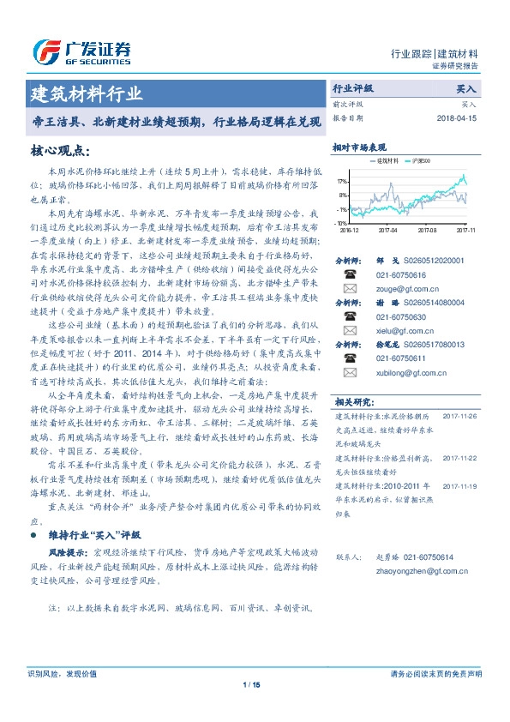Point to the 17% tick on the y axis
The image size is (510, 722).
tap(342, 182)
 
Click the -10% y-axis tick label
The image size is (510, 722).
tap(341, 222)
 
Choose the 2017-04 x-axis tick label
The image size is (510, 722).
tap(387, 230)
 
